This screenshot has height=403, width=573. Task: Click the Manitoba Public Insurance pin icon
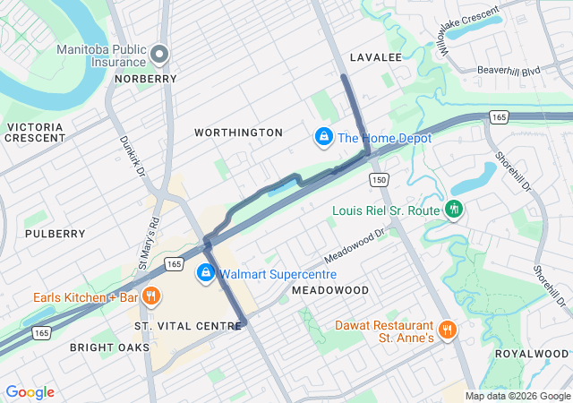click(160, 55)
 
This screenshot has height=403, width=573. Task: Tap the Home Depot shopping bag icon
click(322, 138)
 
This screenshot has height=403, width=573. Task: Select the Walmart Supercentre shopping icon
click(206, 272)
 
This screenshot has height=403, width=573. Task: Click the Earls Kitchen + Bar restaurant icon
click(152, 296)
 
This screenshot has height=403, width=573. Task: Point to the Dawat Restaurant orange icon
click(448, 330)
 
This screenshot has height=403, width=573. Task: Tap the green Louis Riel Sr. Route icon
click(454, 209)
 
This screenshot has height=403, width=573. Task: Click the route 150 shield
click(380, 179)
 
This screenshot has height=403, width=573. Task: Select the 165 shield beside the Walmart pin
click(174, 265)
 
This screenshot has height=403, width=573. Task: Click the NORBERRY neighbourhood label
click(145, 79)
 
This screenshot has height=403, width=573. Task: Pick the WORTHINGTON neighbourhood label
click(239, 133)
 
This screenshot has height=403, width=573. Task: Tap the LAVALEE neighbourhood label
click(374, 57)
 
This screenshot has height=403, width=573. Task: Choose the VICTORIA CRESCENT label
click(35, 133)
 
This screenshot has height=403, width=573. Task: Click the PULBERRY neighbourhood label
click(56, 234)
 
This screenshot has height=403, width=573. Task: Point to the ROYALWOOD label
click(532, 354)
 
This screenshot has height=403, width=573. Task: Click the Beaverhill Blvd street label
click(508, 69)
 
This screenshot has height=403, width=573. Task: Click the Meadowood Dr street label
click(354, 244)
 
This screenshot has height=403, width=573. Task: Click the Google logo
click(30, 392)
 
